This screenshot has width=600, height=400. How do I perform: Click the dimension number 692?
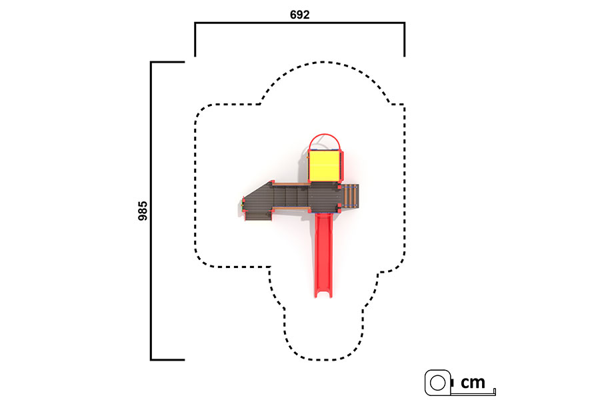point(299,15)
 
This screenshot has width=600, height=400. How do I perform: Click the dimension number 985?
point(143,211)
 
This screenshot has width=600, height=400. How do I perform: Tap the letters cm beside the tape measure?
point(473,382)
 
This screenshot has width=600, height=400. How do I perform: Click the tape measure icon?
point(439,383)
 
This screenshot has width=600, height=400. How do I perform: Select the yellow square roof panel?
point(324,166)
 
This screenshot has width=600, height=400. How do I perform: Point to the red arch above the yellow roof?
point(325,136)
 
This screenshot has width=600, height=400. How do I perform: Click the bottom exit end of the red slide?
point(323,295)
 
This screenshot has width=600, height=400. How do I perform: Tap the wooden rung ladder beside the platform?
point(350,196)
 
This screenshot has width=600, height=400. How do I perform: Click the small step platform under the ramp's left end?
point(258,215)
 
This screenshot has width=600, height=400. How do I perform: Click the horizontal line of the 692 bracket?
point(299,23)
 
